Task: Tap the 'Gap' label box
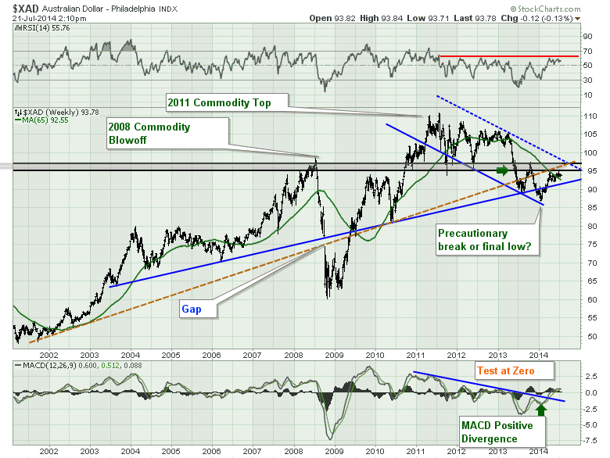coord(192,310)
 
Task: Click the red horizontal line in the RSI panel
coord(508,56)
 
